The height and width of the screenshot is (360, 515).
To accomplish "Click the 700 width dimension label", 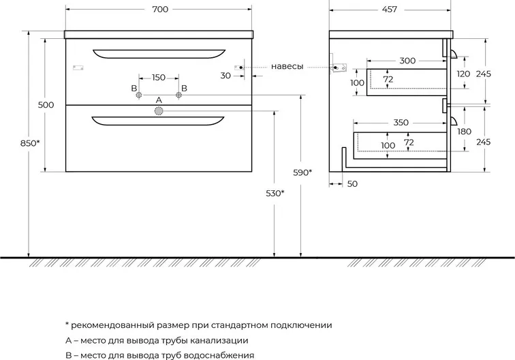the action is pyautogui.click(x=160, y=10).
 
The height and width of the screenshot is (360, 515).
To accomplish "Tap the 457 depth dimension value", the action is pyautogui.click(x=390, y=10).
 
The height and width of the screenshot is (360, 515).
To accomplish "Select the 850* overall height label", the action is pyautogui.click(x=30, y=143).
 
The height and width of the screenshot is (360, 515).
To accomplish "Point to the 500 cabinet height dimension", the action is pyautogui.click(x=46, y=105).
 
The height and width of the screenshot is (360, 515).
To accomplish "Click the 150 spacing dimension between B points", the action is pyautogui.click(x=159, y=77).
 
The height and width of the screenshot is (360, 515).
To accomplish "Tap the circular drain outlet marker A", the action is pyautogui.click(x=159, y=111).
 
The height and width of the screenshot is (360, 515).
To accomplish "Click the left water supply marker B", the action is pyautogui.click(x=139, y=95).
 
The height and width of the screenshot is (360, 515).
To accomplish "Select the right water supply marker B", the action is pyautogui.click(x=178, y=95).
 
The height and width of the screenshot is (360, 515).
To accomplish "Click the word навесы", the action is pyautogui.click(x=287, y=66).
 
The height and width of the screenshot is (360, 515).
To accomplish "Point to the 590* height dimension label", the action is pyautogui.click(x=302, y=172).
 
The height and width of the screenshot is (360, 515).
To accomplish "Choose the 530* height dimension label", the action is pyautogui.click(x=275, y=194).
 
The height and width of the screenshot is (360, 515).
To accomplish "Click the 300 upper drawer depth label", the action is pyautogui.click(x=407, y=61).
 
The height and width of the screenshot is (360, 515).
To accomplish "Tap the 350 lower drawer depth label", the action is pyautogui.click(x=401, y=122).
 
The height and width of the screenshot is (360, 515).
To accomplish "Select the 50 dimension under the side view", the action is pyautogui.click(x=352, y=184).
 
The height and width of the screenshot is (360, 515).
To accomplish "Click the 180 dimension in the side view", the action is pyautogui.click(x=464, y=132).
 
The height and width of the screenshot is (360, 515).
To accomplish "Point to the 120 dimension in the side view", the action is pyautogui.click(x=463, y=74).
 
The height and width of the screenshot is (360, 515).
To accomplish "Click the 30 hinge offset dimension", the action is pyautogui.click(x=225, y=76).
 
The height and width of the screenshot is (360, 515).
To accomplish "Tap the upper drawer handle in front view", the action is pyautogui.click(x=159, y=54).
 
